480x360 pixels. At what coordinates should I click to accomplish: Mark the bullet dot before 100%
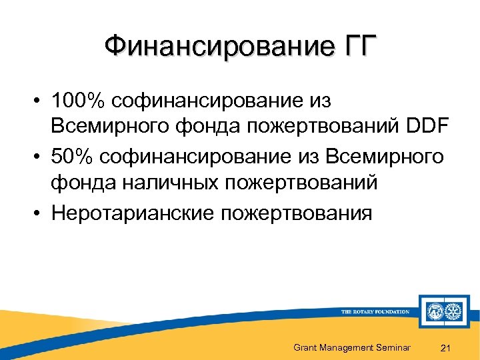41,102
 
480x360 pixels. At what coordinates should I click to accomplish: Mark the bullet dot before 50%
41,157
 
